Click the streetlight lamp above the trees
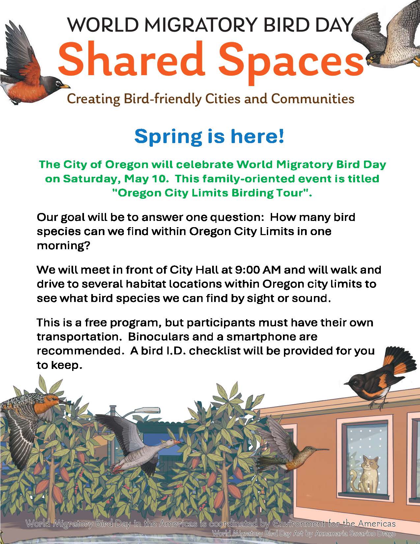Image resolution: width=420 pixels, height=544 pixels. coord(147,410)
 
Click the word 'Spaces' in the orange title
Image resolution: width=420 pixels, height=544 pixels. coord(291,63)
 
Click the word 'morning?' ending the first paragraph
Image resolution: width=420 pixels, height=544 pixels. coord(63,246)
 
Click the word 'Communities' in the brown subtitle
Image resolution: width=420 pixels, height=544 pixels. coord(313,99)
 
